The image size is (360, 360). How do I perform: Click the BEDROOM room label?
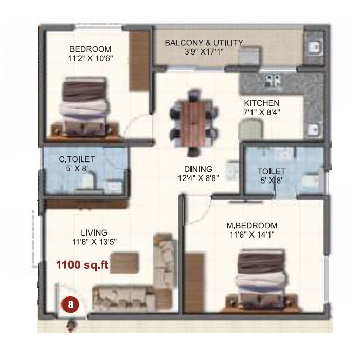[91, 49]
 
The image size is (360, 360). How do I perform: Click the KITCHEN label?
[262, 102]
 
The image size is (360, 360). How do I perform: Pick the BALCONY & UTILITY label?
[204, 43]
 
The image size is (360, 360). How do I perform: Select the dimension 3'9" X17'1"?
[204, 51]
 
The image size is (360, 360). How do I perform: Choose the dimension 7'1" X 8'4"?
[262, 111]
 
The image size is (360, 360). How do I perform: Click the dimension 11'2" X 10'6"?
[91, 58]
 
